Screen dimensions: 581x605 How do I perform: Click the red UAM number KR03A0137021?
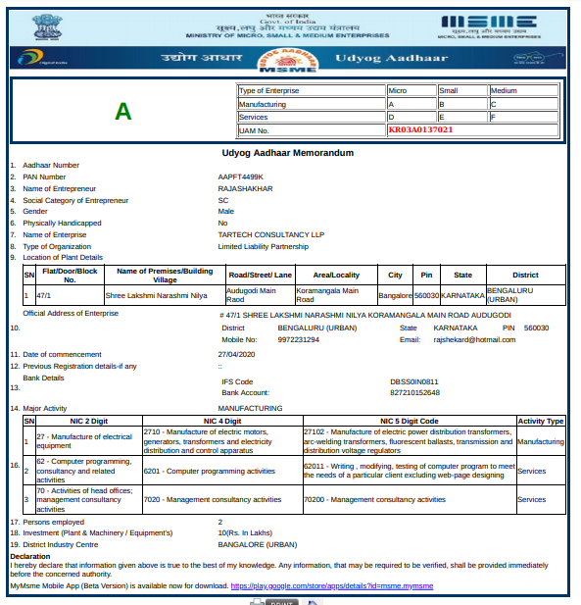[420, 129]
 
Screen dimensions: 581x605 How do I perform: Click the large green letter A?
[122, 111]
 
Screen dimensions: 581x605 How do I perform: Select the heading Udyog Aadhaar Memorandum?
[288, 153]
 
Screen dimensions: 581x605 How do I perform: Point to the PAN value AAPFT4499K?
[241, 176]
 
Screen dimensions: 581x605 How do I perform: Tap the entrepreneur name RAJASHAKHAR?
[245, 188]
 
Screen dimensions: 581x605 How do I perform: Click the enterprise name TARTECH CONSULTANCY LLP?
[270, 234]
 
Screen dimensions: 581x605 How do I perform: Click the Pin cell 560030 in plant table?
[426, 295]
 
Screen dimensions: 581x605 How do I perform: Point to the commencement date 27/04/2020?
[236, 353]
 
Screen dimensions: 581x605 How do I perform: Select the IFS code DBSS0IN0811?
[414, 381]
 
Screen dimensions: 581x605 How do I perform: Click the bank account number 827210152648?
[414, 392]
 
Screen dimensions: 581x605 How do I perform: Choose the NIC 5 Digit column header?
[409, 421]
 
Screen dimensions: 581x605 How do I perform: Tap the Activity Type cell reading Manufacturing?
[540, 442]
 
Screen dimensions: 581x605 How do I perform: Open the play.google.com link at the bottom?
[331, 585]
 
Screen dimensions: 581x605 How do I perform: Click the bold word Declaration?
[29, 556]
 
